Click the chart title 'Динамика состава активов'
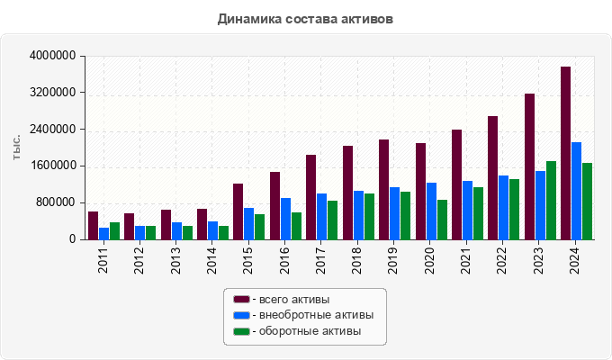(x=305, y=18)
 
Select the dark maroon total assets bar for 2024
(x=565, y=153)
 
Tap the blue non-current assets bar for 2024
(x=576, y=191)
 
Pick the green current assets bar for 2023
(x=551, y=201)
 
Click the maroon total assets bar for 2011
(x=93, y=226)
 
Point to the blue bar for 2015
(x=249, y=224)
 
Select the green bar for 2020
(x=442, y=220)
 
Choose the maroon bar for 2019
(x=383, y=190)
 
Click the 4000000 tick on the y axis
(x=52, y=57)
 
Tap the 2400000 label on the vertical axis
(x=52, y=130)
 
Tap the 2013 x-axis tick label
(x=176, y=261)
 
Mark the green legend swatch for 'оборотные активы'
(x=241, y=331)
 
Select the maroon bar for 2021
(x=456, y=184)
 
